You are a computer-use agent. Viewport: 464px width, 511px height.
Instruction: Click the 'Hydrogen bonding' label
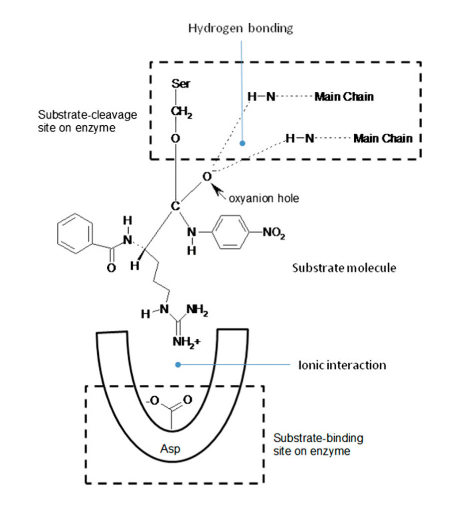click(x=240, y=28)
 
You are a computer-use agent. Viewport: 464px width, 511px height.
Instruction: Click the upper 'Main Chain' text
click(x=344, y=97)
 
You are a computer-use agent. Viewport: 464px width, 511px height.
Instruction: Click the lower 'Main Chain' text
click(x=383, y=138)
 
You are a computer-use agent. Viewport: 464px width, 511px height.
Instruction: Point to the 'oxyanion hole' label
click(x=264, y=199)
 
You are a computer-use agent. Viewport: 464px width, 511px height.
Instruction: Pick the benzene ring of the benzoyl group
click(x=75, y=233)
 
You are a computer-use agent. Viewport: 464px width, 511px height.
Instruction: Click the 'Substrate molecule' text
click(x=344, y=268)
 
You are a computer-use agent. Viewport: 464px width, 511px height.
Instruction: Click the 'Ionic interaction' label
click(x=342, y=365)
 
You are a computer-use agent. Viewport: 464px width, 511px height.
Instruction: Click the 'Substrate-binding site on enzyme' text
click(x=318, y=445)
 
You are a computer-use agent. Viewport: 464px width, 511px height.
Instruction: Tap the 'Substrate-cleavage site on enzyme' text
click(x=77, y=121)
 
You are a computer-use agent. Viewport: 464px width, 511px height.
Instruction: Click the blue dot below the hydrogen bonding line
click(x=242, y=143)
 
